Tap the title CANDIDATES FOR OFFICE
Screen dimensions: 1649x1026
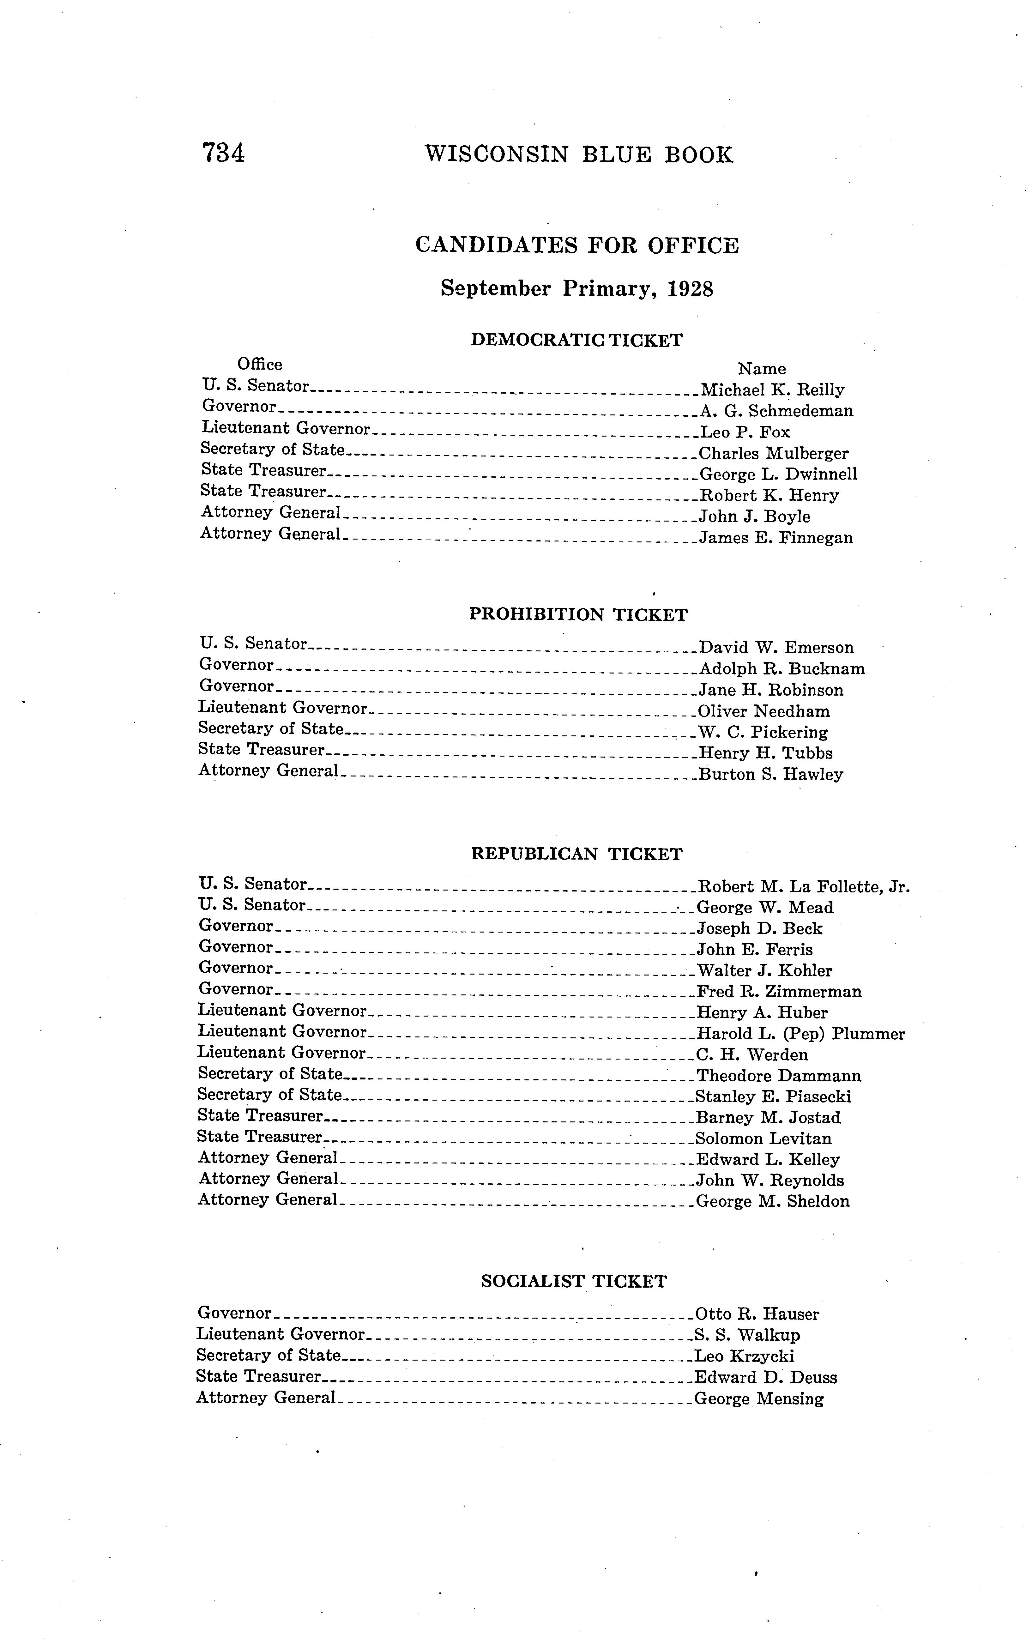click(577, 245)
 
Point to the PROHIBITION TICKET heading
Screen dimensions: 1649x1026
click(578, 615)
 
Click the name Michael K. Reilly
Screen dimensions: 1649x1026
click(772, 390)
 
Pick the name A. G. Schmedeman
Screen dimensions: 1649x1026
click(776, 411)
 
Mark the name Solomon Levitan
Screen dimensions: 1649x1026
click(763, 1139)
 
